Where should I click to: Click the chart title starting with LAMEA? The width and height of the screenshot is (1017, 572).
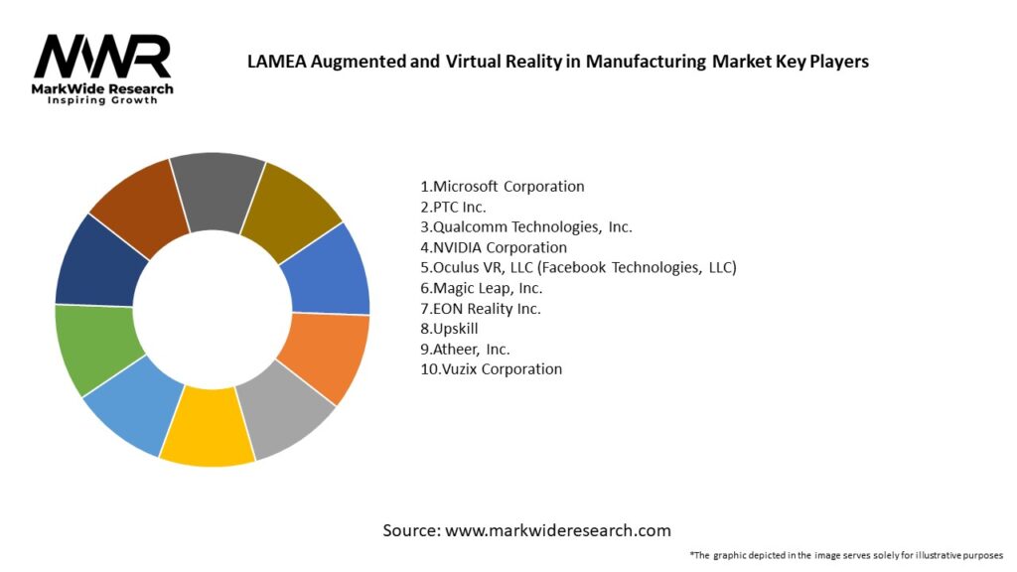pyautogui.click(x=557, y=62)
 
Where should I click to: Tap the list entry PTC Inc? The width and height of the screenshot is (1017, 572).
pyautogui.click(x=454, y=207)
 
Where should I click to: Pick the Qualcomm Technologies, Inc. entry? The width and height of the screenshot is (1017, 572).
pyautogui.click(x=526, y=226)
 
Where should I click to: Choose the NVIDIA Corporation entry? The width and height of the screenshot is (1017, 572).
pyautogui.click(x=494, y=247)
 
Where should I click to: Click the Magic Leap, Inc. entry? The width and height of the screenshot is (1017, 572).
pyautogui.click(x=482, y=288)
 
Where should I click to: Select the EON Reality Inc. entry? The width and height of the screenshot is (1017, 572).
pyautogui.click(x=480, y=308)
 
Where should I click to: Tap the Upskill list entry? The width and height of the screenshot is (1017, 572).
pyautogui.click(x=448, y=329)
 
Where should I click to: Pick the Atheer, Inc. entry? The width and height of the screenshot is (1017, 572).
pyautogui.click(x=467, y=349)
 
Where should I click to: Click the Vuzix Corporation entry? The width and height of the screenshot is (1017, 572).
pyautogui.click(x=491, y=369)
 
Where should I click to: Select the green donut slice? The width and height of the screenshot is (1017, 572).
pyautogui.click(x=93, y=349)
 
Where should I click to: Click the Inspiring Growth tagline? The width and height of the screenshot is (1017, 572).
pyautogui.click(x=102, y=101)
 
